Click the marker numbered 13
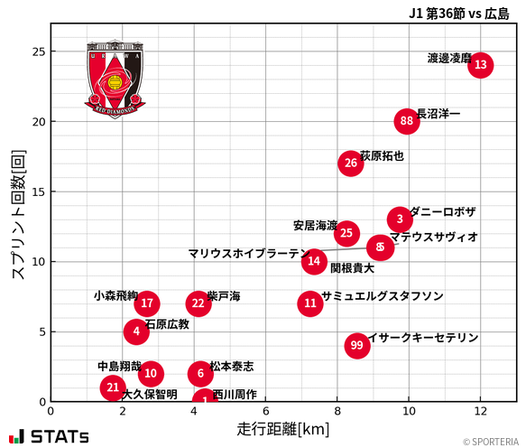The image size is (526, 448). pyautogui.click(x=480, y=65)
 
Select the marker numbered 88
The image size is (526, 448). pyautogui.click(x=407, y=121)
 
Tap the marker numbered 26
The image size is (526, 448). pyautogui.click(x=350, y=163)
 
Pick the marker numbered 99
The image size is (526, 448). pyautogui.click(x=357, y=345)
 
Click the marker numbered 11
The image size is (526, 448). pyautogui.click(x=310, y=303)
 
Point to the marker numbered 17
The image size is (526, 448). pyautogui.click(x=148, y=303)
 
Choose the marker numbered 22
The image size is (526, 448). pyautogui.click(x=199, y=303)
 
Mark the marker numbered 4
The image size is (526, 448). pyautogui.click(x=135, y=331)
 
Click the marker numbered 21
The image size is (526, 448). pyautogui.click(x=112, y=387)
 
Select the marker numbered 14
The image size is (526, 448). pyautogui.click(x=313, y=262)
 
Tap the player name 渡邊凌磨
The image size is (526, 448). pyautogui.click(x=448, y=58)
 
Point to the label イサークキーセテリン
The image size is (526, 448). pyautogui.click(x=423, y=338)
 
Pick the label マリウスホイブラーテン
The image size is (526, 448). pyautogui.click(x=248, y=254)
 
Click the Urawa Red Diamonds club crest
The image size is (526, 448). pyautogui.click(x=115, y=79)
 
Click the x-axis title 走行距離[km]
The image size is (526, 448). pyautogui.click(x=283, y=427)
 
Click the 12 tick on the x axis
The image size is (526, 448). pyautogui.click(x=480, y=411)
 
